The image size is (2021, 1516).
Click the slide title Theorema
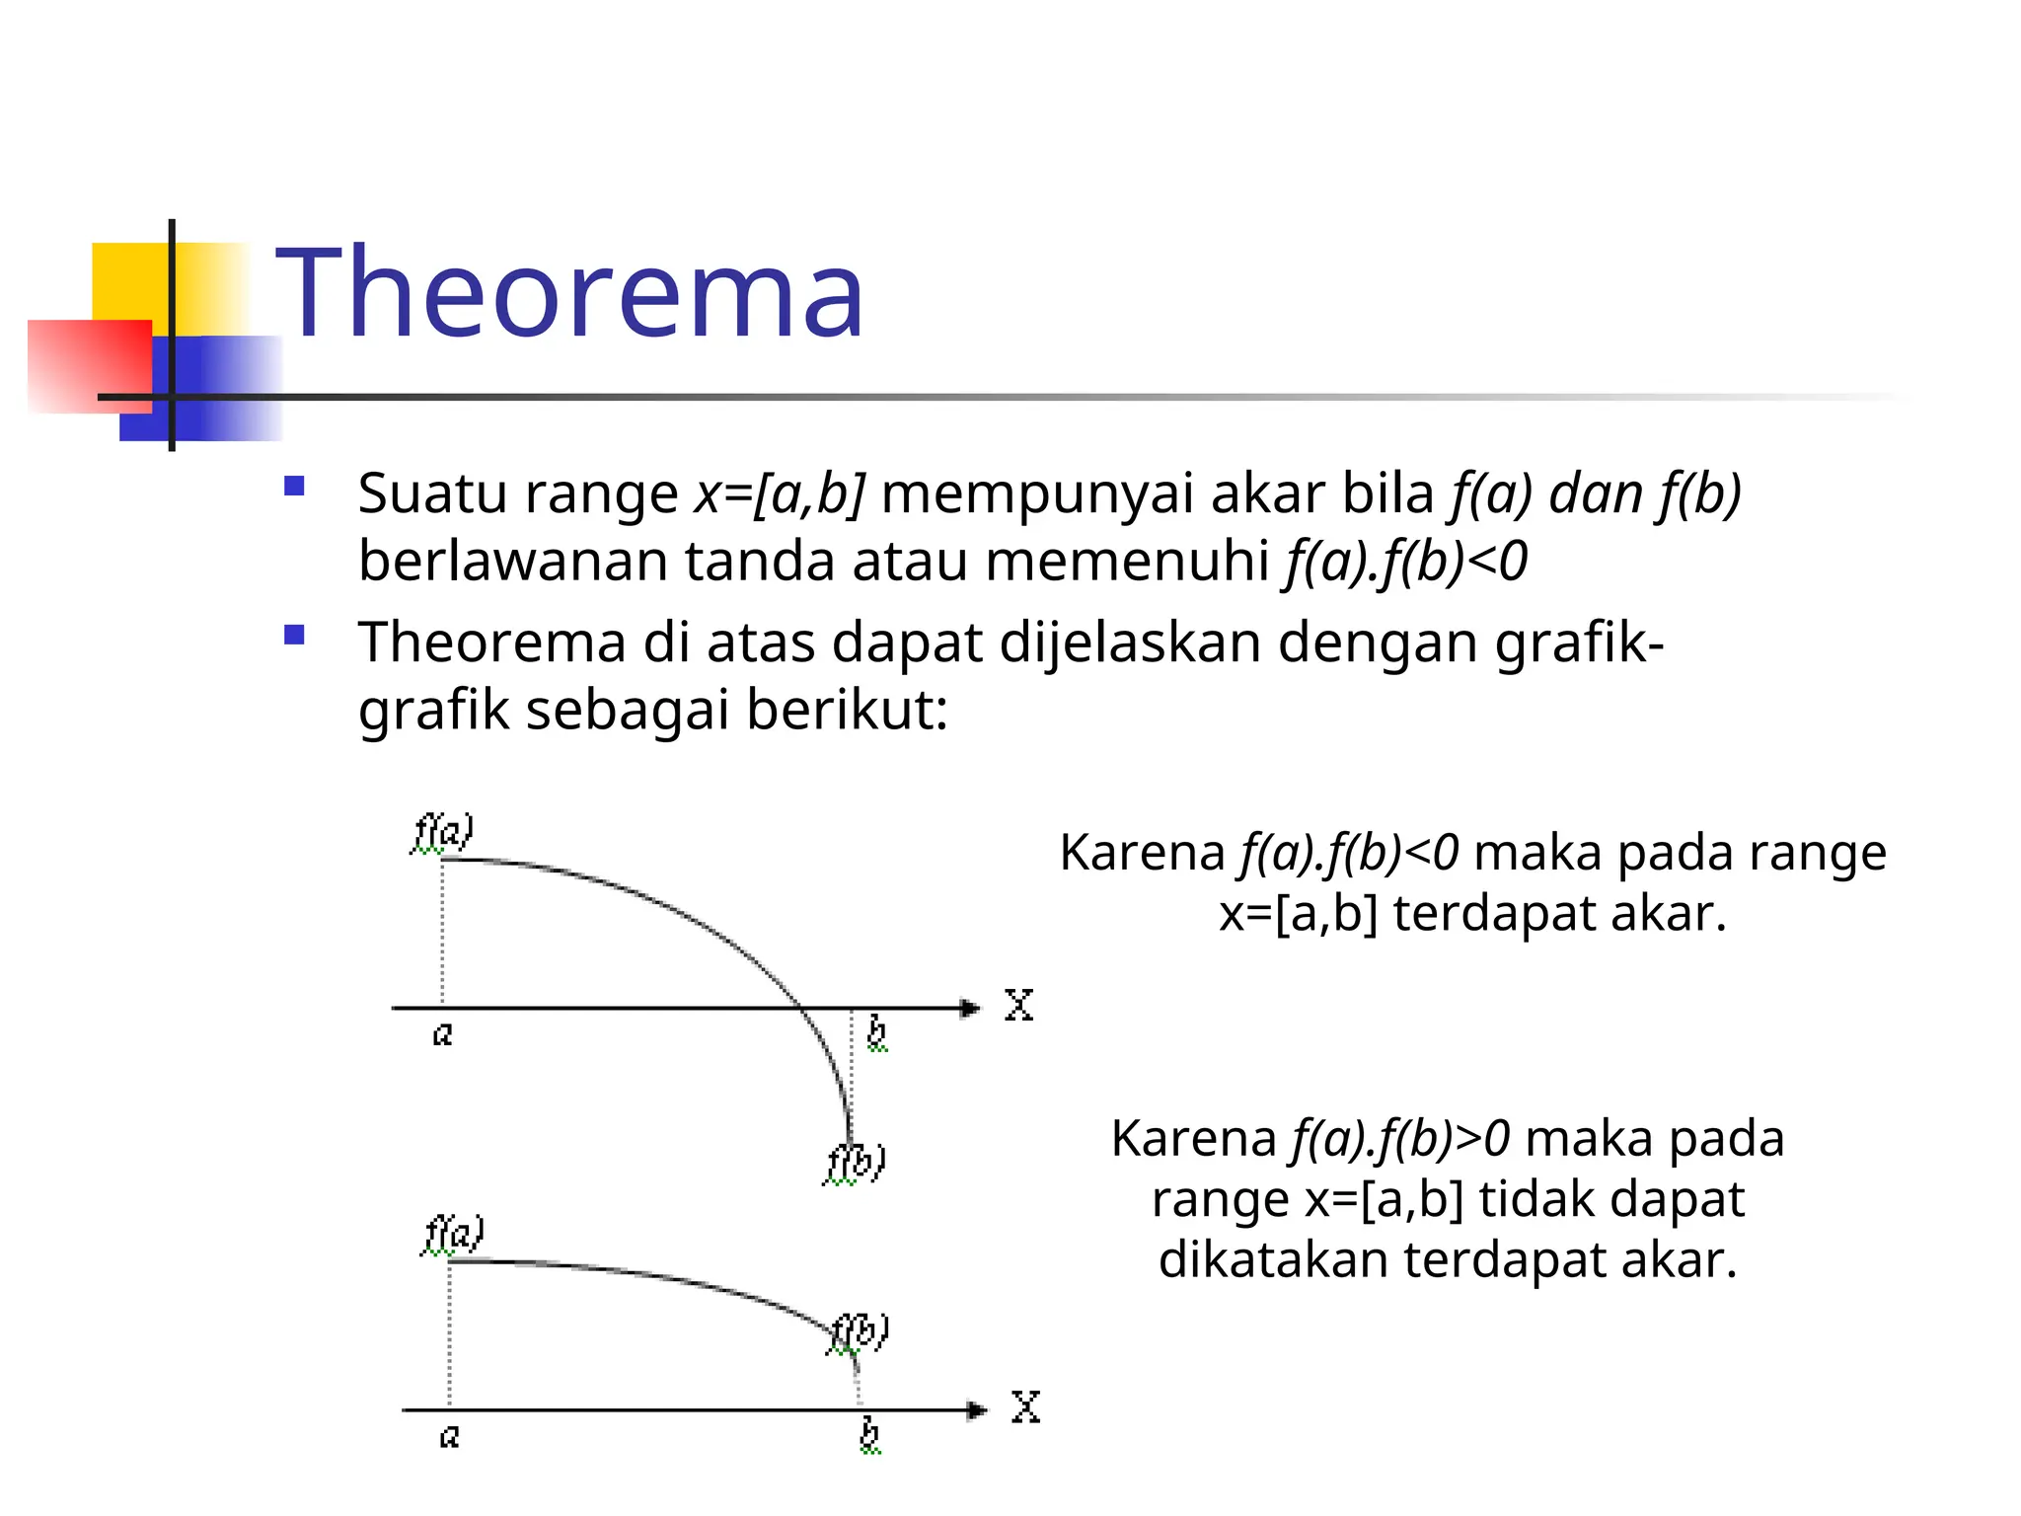point(569,293)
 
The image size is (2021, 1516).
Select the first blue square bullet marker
point(294,487)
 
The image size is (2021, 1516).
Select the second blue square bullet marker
point(294,635)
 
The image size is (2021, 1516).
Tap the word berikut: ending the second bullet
point(847,710)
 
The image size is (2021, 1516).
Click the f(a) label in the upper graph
point(443,832)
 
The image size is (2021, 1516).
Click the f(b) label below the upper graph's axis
point(855,1163)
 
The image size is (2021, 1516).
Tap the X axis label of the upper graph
point(1018,1006)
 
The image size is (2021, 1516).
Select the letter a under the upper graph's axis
point(443,1034)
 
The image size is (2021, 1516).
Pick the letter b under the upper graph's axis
point(876,1033)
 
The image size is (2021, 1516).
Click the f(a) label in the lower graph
point(453,1234)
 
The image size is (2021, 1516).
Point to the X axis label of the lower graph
point(1025,1407)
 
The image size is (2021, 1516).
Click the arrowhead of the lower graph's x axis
point(976,1410)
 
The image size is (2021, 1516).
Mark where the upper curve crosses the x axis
point(800,1008)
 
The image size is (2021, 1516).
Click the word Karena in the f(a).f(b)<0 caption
point(1142,852)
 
